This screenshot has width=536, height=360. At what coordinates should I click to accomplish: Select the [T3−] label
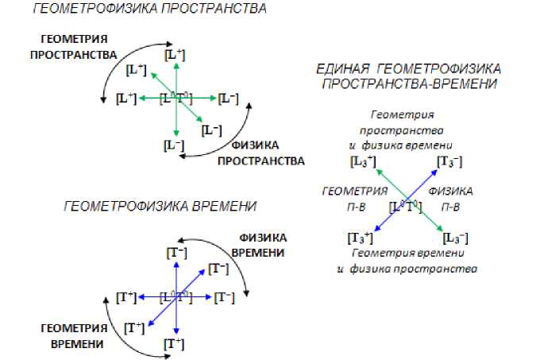pyautogui.click(x=449, y=161)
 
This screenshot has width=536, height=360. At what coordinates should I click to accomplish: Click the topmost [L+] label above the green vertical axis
pyautogui.click(x=175, y=54)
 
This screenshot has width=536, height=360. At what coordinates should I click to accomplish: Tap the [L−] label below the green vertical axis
pyautogui.click(x=174, y=145)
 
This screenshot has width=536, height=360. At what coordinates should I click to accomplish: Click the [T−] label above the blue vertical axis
pyautogui.click(x=176, y=252)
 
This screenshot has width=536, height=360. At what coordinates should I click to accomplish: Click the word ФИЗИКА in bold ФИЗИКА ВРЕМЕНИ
pyautogui.click(x=263, y=238)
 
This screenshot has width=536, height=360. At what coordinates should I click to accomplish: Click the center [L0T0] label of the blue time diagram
pyautogui.click(x=175, y=297)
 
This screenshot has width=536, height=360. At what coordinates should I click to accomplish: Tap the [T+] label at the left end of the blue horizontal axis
pyautogui.click(x=126, y=297)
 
